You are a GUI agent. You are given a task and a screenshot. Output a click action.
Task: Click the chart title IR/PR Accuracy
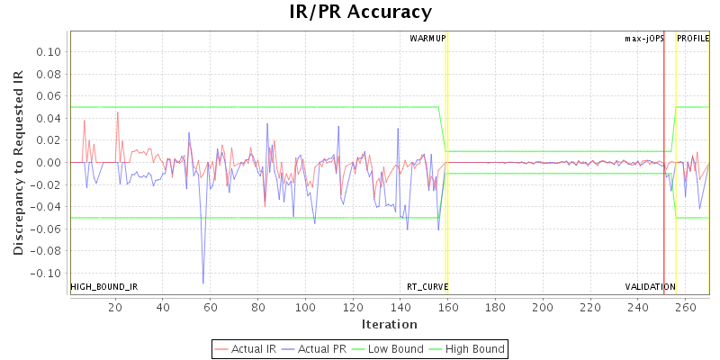(360, 13)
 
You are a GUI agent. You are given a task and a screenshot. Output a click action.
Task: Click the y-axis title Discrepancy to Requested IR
(18, 163)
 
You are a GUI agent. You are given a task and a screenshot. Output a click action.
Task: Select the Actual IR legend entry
(247, 348)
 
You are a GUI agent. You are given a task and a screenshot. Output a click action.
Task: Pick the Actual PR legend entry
(316, 348)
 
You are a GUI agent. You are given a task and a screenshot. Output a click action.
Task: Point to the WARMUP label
(427, 39)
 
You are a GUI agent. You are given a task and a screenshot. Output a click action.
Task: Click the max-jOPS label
(644, 39)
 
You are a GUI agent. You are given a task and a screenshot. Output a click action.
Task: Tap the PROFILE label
(693, 39)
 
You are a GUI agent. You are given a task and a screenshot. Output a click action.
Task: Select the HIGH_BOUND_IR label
(104, 287)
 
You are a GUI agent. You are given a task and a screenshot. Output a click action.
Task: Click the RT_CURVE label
(427, 287)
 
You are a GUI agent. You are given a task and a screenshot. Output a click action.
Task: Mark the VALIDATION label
(651, 287)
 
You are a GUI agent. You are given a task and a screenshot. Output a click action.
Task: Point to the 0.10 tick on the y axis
(49, 51)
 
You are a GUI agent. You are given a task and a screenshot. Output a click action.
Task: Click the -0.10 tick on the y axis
(47, 273)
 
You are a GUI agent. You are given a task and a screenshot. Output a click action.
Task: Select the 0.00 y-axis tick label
(49, 162)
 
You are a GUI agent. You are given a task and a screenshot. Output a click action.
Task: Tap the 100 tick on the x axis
(305, 307)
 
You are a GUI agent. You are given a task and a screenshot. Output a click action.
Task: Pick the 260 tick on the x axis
(685, 307)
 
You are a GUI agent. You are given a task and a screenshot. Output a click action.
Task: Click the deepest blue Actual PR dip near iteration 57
(203, 283)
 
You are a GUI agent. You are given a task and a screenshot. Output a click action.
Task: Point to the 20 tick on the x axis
(115, 307)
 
